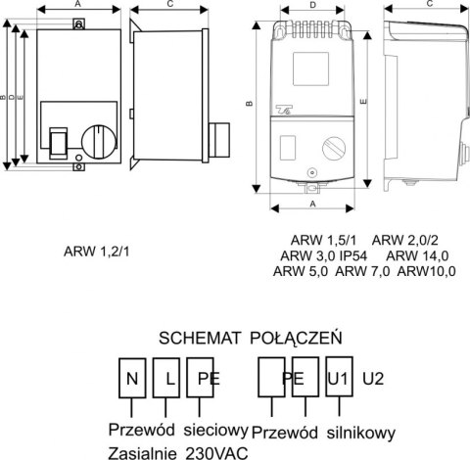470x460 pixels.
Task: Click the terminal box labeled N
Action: (129, 377)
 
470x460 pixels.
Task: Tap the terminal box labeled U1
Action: (339, 377)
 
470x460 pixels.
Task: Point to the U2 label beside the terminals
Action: (373, 376)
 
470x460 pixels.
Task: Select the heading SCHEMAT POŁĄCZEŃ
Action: (249, 339)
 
